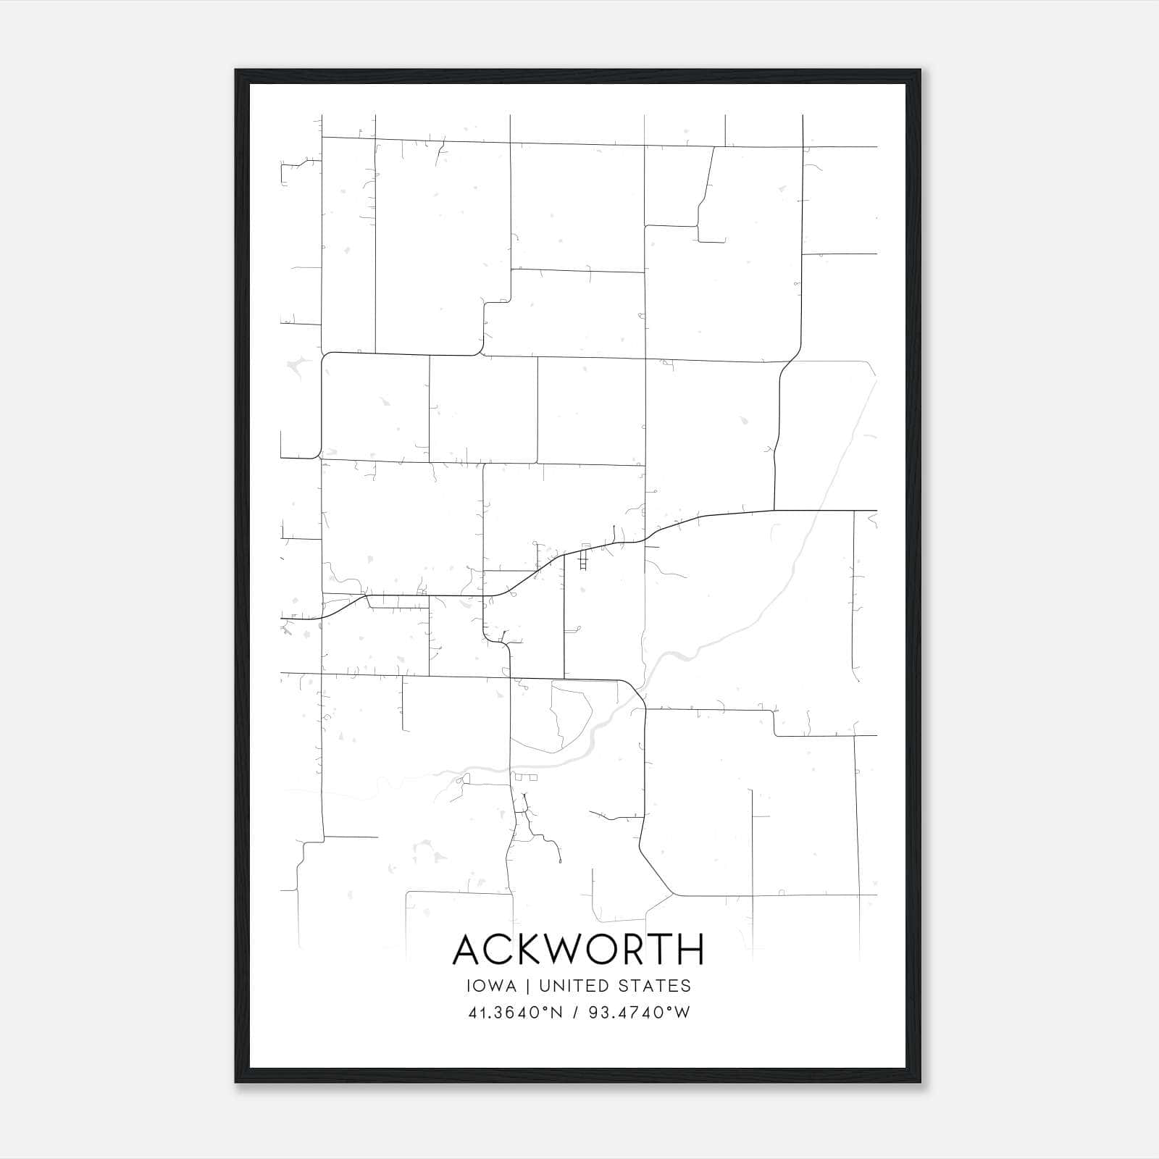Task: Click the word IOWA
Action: [492, 986]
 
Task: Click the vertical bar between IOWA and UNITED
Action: [527, 986]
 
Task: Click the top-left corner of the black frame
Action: [236, 70]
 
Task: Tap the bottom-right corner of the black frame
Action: [920, 1082]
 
